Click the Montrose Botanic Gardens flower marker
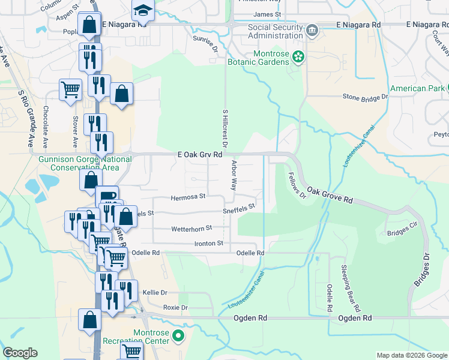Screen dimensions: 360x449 point(299,57)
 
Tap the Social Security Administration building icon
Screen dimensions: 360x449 point(312,30)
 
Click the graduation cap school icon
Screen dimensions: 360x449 point(143,10)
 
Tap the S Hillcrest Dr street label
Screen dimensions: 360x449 point(225,128)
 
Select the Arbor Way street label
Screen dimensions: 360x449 point(234,175)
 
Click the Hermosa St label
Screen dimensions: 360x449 point(188,196)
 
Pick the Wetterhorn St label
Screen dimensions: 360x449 point(192,228)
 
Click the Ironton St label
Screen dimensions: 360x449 point(208,243)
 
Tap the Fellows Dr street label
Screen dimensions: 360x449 point(294,186)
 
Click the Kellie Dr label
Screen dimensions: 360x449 point(155,292)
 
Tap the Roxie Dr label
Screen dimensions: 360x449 point(176,307)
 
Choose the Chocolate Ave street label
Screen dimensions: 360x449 point(46,127)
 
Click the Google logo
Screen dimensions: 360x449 point(20,353)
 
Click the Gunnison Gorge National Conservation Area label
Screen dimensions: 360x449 point(85,163)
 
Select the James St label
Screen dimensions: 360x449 point(267,14)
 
